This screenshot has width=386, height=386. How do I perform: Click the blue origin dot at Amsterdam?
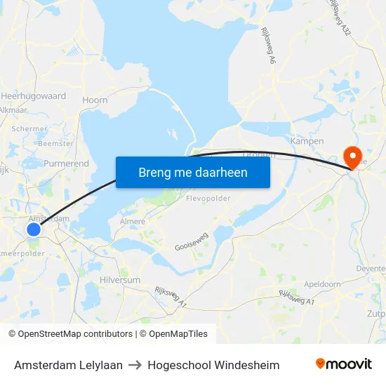coord(34,229)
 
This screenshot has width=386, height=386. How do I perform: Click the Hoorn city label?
coord(95,100)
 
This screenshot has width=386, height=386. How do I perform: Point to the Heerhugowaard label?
coord(33,96)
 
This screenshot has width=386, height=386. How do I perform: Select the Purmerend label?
coord(66,164)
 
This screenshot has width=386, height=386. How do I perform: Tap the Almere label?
coord(133,222)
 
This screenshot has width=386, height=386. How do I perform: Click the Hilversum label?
coord(120,279)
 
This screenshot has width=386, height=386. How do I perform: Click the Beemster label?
coord(55,143)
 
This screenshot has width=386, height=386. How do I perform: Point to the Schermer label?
coord(29,129)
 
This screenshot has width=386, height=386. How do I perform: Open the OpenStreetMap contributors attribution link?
coord(75,334)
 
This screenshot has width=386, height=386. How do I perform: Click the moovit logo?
coord(344,364)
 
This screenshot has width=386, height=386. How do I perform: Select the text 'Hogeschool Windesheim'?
coord(213,366)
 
